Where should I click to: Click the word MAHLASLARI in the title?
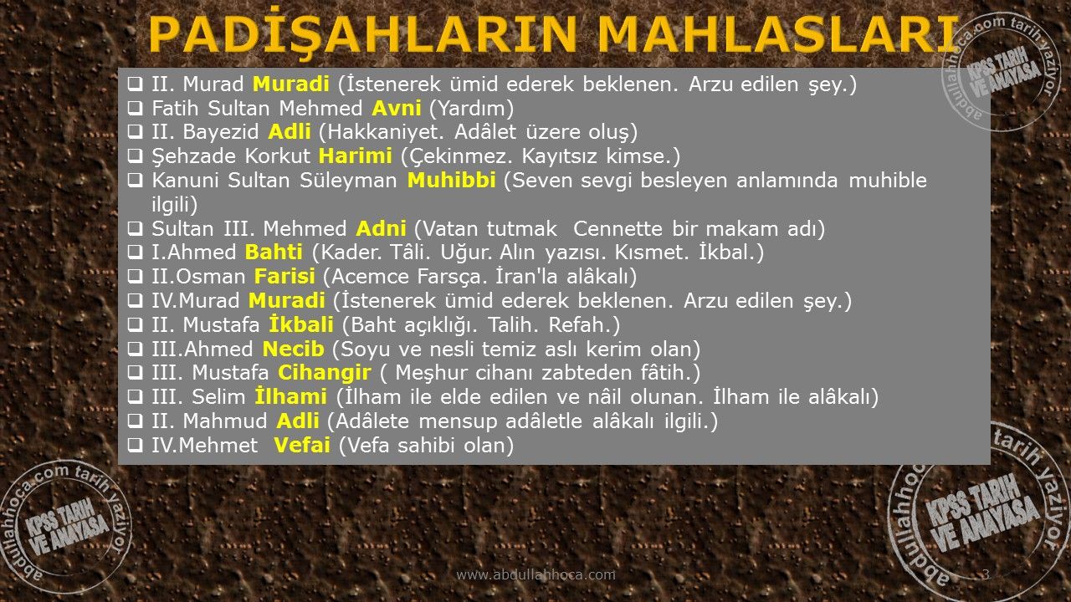[x=778, y=34]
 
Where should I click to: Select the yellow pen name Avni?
[x=397, y=109]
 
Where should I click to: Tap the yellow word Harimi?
[x=356, y=156]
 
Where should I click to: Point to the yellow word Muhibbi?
[x=451, y=180]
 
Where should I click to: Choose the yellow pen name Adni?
[x=381, y=229]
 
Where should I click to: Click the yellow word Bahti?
[x=274, y=253]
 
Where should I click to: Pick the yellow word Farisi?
[x=284, y=277]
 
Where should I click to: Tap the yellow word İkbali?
[x=301, y=324]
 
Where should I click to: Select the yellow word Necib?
[x=293, y=349]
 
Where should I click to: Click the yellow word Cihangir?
[x=325, y=373]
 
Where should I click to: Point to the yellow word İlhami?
[x=290, y=396]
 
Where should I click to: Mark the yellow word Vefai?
[x=302, y=446]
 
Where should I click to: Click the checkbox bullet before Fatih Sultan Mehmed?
[x=136, y=108]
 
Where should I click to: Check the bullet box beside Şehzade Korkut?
[x=136, y=156]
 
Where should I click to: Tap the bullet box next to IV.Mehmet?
[x=136, y=446]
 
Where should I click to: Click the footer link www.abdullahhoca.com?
[x=536, y=574]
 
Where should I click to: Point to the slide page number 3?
[x=986, y=574]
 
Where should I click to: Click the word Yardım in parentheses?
[x=471, y=109]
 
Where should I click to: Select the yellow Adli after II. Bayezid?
[x=290, y=132]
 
